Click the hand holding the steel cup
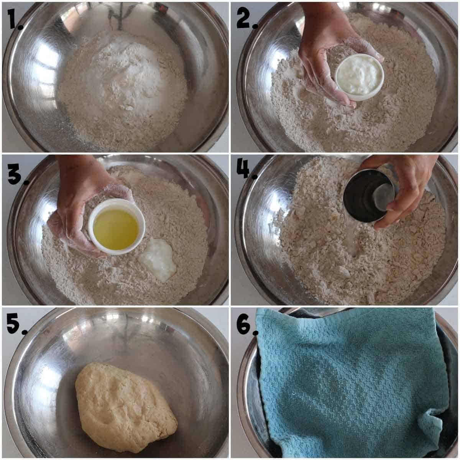tap(406, 184)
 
